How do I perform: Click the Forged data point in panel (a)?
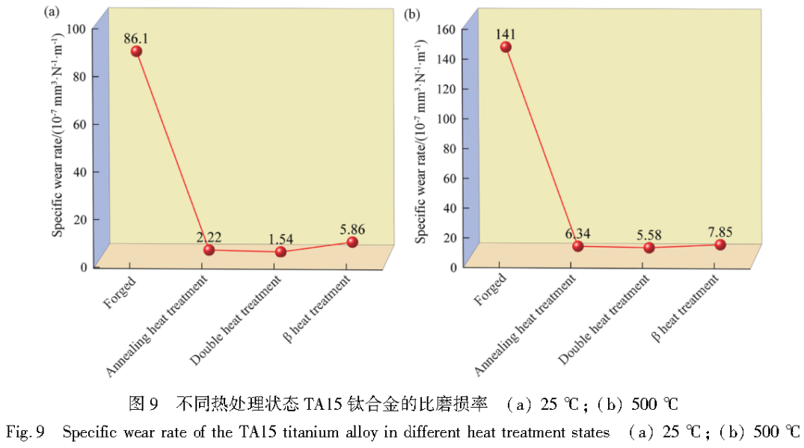pyautogui.click(x=136, y=51)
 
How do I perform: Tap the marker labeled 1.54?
pyautogui.click(x=280, y=251)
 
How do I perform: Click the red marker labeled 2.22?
pyautogui.click(x=209, y=250)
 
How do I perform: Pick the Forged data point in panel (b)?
pyautogui.click(x=506, y=46)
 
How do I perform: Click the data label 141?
pyautogui.click(x=506, y=34)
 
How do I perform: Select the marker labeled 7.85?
pyautogui.click(x=720, y=245)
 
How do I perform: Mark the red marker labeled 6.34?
pyautogui.click(x=578, y=246)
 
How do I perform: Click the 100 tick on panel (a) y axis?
pyautogui.click(x=78, y=28)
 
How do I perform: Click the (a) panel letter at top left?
pyautogui.click(x=52, y=12)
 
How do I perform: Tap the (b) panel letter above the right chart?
pyautogui.click(x=411, y=13)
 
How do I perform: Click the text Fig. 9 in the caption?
pyautogui.click(x=27, y=432)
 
